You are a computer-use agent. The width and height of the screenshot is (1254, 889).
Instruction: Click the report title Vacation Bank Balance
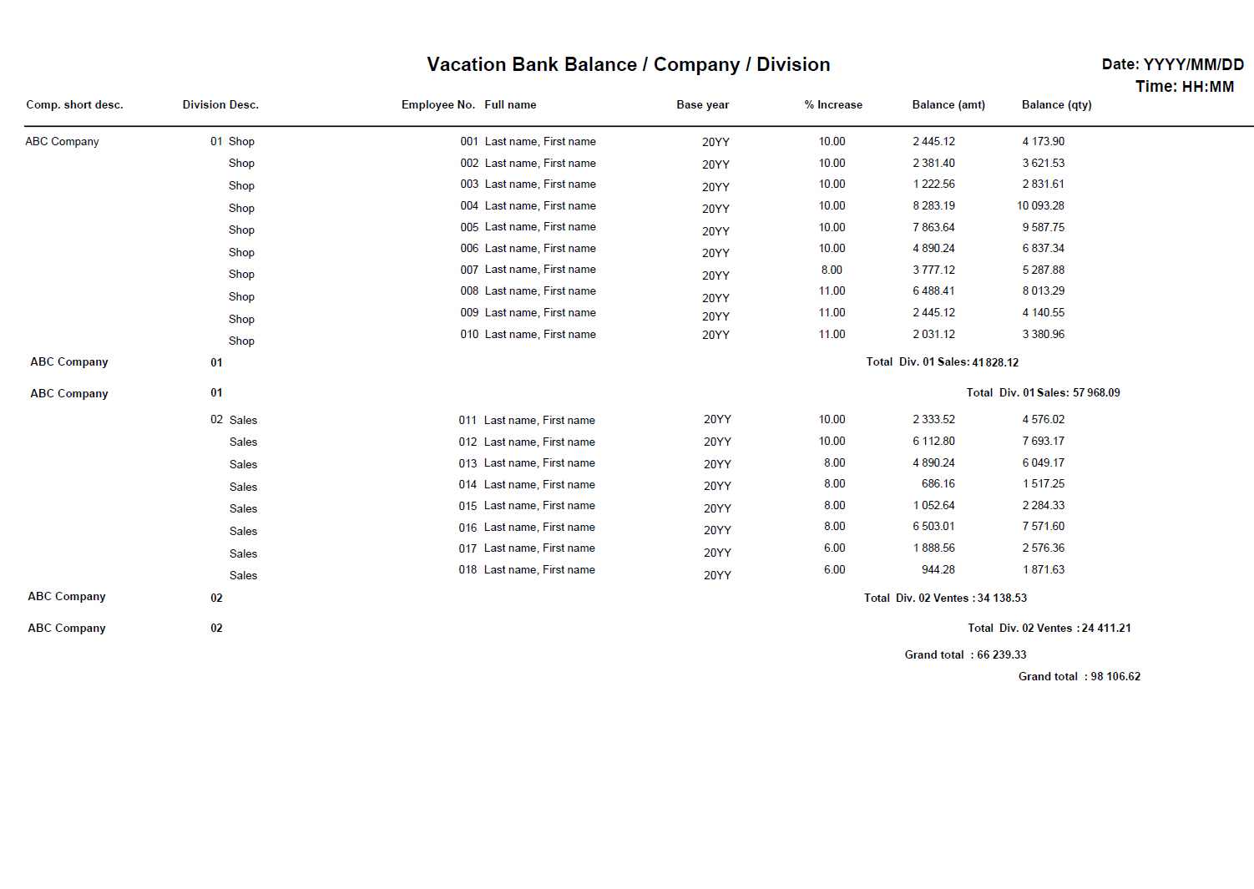coord(628,65)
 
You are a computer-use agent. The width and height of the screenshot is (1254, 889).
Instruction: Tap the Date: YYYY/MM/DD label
coord(1172,64)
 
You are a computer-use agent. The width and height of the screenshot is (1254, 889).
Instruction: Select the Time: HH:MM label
coord(1184,87)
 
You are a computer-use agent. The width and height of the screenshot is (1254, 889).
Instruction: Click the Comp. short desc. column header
coord(74,105)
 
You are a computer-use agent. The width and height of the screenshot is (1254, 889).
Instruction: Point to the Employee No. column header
coord(437,105)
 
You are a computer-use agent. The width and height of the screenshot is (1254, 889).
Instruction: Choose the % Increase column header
coord(833,105)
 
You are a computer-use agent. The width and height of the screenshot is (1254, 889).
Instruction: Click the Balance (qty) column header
coord(1056,105)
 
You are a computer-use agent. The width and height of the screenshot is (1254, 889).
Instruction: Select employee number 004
coord(469,206)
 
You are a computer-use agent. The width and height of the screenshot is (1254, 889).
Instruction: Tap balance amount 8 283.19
coord(933,206)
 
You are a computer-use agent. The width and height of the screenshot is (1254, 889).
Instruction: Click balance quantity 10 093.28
coord(1040,206)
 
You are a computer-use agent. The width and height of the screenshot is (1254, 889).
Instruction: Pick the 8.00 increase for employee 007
coord(832,270)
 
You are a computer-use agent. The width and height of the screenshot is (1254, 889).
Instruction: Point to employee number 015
coord(468,506)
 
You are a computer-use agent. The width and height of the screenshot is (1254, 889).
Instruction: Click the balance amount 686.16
coord(938,484)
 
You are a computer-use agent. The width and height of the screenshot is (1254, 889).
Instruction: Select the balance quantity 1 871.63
coord(1044,570)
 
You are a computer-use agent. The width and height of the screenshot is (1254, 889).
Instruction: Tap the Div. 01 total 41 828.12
coord(995,363)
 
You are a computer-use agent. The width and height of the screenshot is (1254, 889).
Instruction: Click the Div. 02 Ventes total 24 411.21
coord(1106,629)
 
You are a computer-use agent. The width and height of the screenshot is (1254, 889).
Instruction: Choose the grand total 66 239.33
coord(1002,655)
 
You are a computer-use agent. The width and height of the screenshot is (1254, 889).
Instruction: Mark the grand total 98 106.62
coord(1115,677)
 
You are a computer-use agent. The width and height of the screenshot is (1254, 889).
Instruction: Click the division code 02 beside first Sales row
coord(216,420)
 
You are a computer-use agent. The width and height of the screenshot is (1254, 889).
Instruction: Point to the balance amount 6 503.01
coord(933,527)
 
